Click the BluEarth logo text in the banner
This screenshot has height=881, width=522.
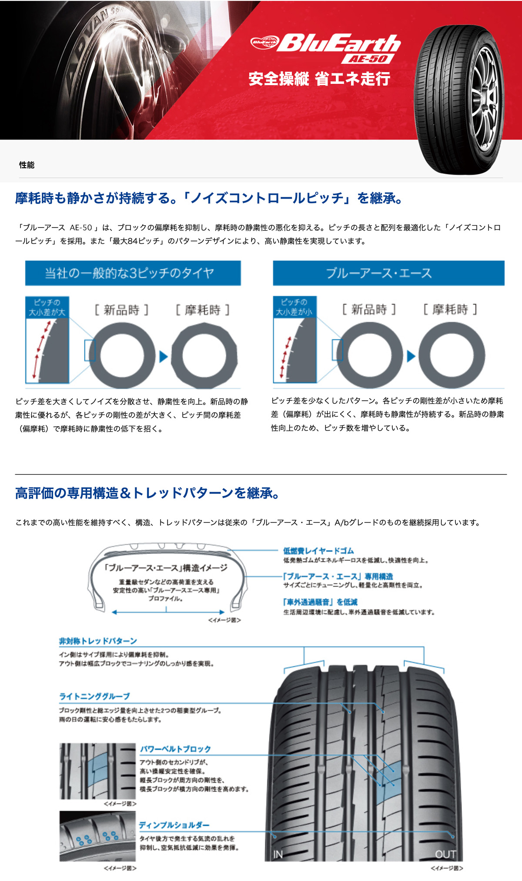click(x=338, y=43)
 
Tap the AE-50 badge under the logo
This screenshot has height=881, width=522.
click(x=368, y=59)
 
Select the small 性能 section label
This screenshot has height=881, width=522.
click(x=27, y=165)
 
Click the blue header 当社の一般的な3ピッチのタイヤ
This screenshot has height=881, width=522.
click(x=133, y=273)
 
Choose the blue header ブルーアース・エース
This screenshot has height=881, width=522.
click(x=388, y=273)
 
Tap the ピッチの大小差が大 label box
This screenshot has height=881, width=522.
click(x=47, y=307)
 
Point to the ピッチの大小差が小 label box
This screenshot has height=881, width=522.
click(x=294, y=307)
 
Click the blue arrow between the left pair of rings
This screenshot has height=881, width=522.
click(x=164, y=357)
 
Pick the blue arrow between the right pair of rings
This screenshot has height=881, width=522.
click(x=411, y=356)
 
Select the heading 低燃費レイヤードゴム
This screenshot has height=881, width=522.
click(x=318, y=551)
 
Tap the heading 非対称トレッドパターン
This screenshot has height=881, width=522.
click(x=98, y=641)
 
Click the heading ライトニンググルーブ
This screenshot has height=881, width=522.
click(x=94, y=696)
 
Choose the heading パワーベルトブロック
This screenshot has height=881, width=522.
click(x=175, y=749)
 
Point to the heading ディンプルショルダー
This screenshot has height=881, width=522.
click(x=174, y=825)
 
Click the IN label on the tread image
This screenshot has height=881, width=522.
click(x=278, y=855)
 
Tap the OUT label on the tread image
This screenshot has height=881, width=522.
click(x=445, y=855)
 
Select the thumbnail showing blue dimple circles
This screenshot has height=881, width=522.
click(x=97, y=836)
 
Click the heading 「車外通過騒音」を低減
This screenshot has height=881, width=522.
click(x=320, y=602)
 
